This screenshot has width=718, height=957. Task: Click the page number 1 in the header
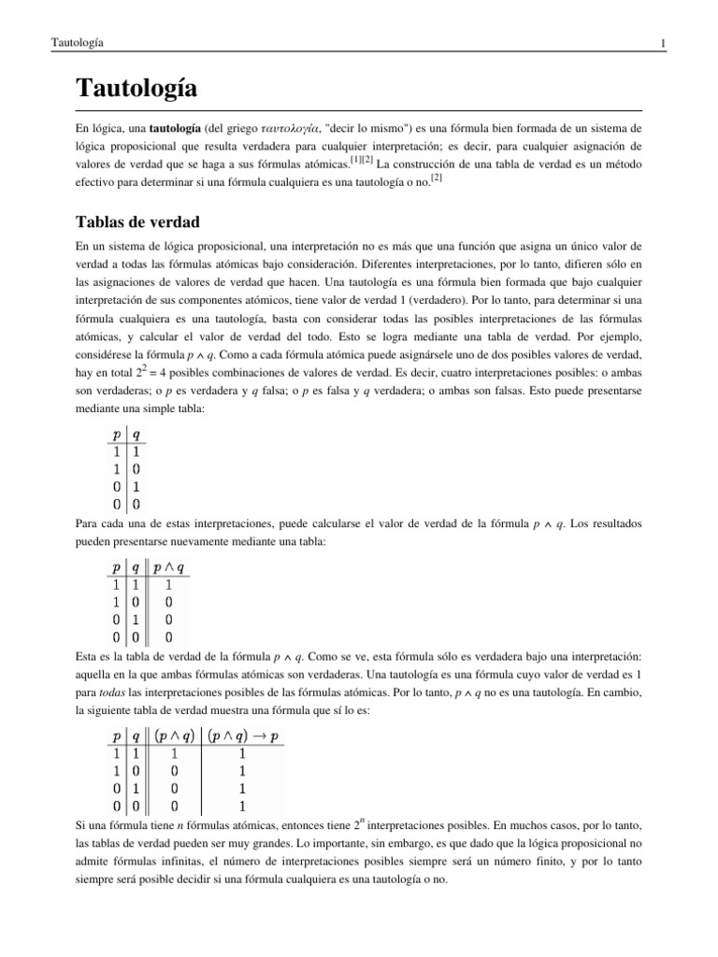point(662,43)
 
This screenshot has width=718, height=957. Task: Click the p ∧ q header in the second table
point(167,566)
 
